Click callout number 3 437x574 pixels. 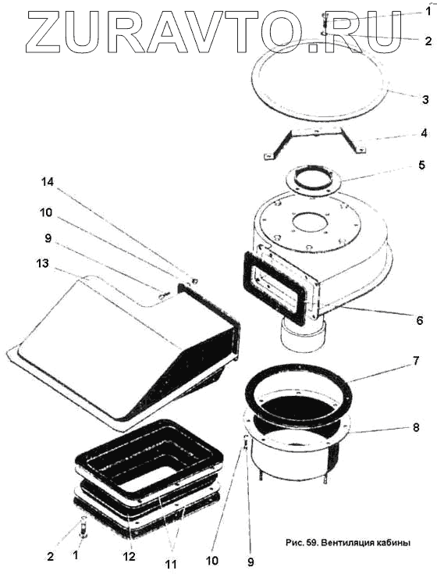(x=425, y=99)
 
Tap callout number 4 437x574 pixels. (x=424, y=134)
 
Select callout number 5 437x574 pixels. (x=421, y=166)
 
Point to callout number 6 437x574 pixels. (x=420, y=320)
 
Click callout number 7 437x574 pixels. (x=417, y=361)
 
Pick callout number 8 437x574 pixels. (x=416, y=427)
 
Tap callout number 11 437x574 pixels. (x=170, y=562)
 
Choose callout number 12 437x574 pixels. (x=130, y=556)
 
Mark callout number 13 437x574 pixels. (x=42, y=263)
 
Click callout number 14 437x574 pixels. (x=48, y=182)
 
